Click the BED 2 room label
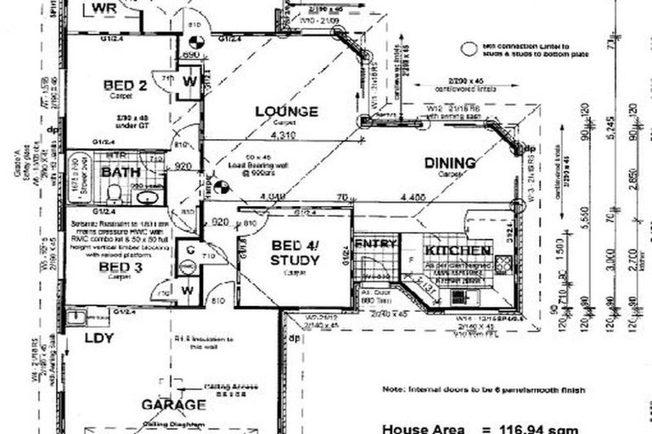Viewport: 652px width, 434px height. coord(126,85)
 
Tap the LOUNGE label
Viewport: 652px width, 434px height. coord(286,111)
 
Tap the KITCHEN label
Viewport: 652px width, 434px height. coord(458,252)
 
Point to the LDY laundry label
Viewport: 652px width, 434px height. coord(100,337)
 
